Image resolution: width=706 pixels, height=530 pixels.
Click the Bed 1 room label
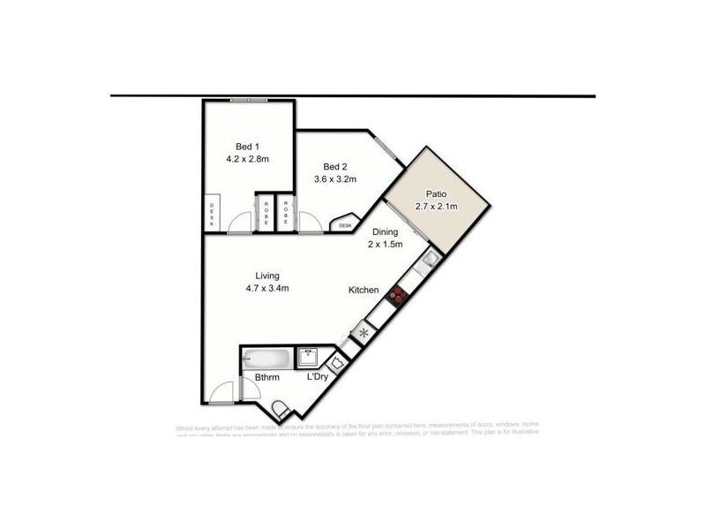point(247,146)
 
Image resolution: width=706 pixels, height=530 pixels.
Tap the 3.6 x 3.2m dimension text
point(334,179)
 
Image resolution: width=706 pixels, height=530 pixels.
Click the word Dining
point(385,232)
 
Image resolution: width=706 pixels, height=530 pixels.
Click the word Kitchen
point(364,290)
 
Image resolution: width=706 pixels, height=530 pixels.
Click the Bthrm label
point(267,378)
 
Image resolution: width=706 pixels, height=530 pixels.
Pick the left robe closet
point(266,212)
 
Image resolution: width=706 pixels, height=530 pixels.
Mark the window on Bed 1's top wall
point(250,100)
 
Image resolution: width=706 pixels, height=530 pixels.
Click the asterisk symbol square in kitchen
point(363,333)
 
